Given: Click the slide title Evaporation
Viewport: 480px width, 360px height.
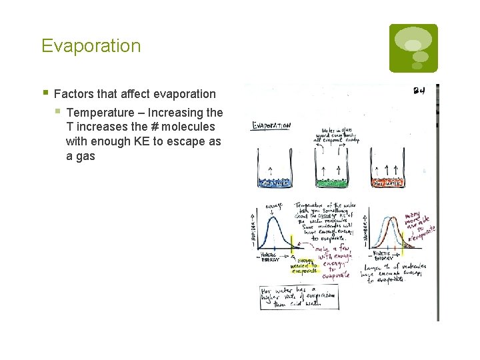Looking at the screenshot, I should [91, 46].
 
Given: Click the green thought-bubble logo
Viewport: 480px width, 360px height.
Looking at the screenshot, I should [413, 48].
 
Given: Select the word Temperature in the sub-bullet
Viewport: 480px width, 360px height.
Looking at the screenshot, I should [100, 112].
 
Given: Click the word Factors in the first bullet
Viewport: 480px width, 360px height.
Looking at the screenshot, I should [74, 94].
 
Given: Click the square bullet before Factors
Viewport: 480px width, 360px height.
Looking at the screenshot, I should [44, 93].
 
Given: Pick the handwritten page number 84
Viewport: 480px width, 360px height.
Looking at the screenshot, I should [419, 91].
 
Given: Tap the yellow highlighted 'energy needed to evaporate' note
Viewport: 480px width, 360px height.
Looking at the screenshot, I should [301, 266].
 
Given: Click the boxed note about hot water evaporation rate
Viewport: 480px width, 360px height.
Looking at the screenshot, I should [299, 298].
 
